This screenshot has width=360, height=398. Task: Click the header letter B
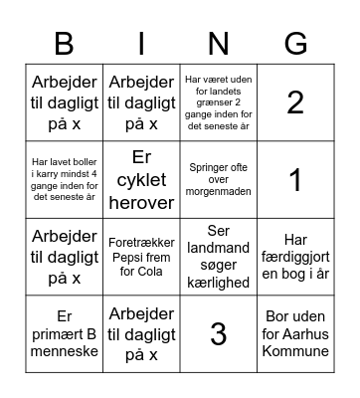tap(64, 44)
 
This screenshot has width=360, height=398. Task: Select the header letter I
tap(141, 44)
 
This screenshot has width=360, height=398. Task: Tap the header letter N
tap(218, 44)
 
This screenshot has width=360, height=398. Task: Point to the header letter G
tap(295, 44)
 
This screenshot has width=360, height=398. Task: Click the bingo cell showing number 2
tap(295, 101)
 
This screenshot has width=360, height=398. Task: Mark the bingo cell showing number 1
tap(295, 179)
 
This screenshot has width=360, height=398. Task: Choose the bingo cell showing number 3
tap(218, 334)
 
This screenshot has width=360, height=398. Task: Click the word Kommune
tap(295, 351)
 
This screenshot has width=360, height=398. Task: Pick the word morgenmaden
tap(218, 191)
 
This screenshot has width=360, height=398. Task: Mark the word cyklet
tap(141, 180)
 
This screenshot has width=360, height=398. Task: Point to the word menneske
tap(64, 351)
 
